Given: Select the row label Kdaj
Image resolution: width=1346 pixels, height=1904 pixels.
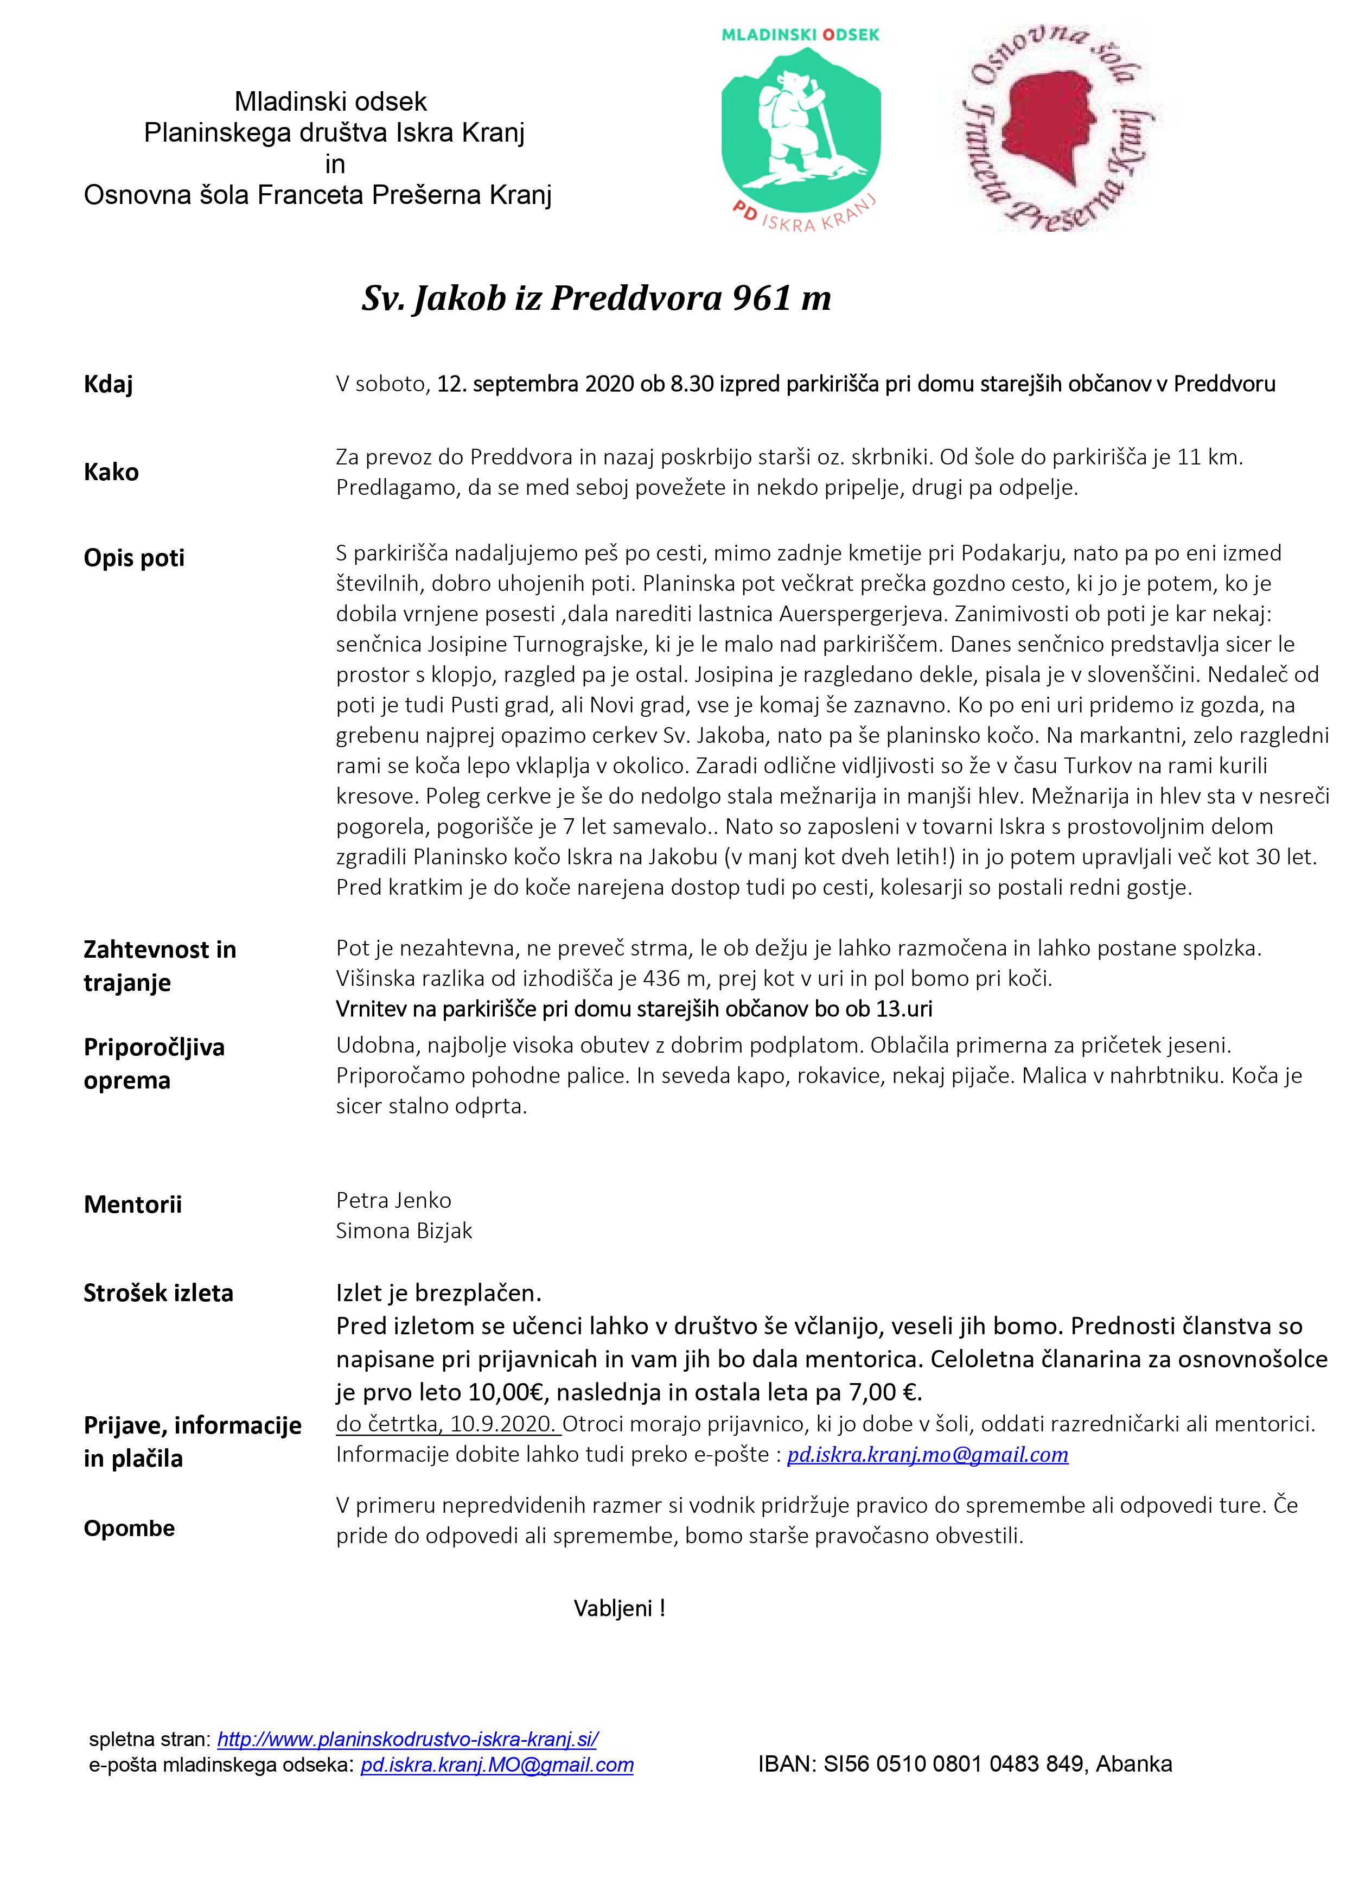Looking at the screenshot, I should (x=108, y=385).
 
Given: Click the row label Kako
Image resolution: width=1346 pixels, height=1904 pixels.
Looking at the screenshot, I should (x=111, y=473).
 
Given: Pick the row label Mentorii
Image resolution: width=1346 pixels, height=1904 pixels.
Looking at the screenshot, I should (x=133, y=1205).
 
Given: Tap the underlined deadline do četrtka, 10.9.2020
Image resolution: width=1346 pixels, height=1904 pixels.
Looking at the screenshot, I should (x=448, y=1425).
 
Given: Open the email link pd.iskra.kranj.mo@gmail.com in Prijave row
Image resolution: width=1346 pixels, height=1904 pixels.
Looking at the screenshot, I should (x=927, y=1455).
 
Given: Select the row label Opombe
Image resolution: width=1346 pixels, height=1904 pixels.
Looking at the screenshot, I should (x=129, y=1529).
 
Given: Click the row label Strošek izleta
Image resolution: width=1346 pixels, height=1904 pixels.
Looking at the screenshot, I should (x=158, y=1294).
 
